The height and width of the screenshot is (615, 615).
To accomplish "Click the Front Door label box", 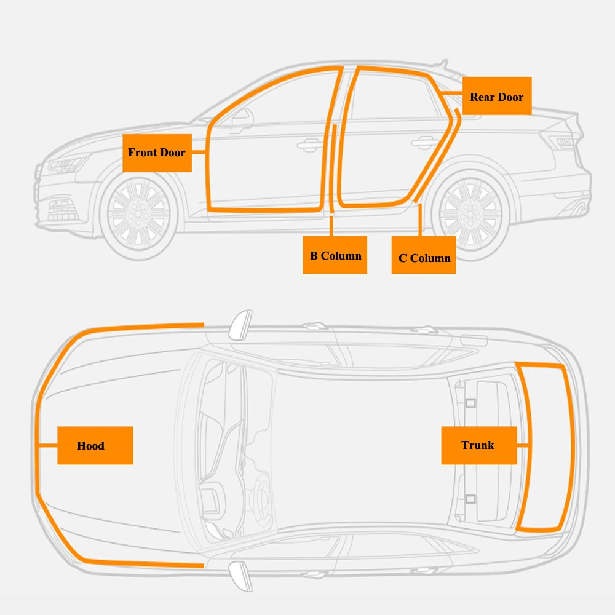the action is (x=157, y=153).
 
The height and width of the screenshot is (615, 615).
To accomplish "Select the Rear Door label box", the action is (x=497, y=96).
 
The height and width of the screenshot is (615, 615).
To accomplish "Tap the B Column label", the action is (x=335, y=255).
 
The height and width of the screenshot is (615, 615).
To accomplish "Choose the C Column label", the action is (x=424, y=255).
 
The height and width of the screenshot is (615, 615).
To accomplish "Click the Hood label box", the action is (x=95, y=445).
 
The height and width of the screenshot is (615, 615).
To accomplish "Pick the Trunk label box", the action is (x=479, y=445).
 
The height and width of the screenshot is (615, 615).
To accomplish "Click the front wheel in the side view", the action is (x=138, y=214).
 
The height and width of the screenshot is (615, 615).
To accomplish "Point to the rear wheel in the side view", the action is (x=470, y=215).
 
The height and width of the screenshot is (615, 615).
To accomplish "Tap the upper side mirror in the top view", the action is (x=240, y=325).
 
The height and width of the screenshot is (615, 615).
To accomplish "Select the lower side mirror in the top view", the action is (x=240, y=576).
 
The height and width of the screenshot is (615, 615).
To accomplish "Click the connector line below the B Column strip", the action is (x=331, y=226).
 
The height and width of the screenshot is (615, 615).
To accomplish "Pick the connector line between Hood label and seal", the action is (x=48, y=445).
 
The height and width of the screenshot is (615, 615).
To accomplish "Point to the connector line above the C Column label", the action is (x=419, y=220).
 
